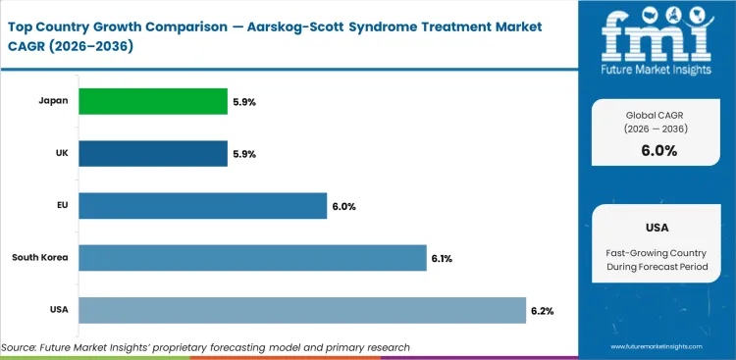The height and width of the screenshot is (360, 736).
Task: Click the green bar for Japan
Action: [x=152, y=101]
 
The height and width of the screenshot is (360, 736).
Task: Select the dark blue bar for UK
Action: [x=152, y=153]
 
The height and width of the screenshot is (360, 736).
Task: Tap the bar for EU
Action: [x=202, y=206]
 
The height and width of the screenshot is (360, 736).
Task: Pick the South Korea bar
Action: [x=252, y=258]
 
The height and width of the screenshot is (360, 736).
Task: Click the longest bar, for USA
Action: [x=302, y=311]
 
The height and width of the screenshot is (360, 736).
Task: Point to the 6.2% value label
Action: [x=543, y=311]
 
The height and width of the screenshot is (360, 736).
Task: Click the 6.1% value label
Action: [x=443, y=259]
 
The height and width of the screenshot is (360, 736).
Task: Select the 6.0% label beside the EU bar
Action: [x=343, y=206]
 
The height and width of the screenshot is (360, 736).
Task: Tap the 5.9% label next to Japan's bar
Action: [x=243, y=101]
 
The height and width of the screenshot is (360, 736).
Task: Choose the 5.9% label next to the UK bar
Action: [x=243, y=154]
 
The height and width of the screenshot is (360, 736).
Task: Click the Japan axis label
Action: [x=55, y=101]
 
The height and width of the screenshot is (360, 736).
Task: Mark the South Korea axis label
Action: [x=40, y=258]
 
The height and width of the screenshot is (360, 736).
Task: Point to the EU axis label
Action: [x=61, y=206]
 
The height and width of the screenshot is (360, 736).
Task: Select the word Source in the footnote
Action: [x=21, y=347]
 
